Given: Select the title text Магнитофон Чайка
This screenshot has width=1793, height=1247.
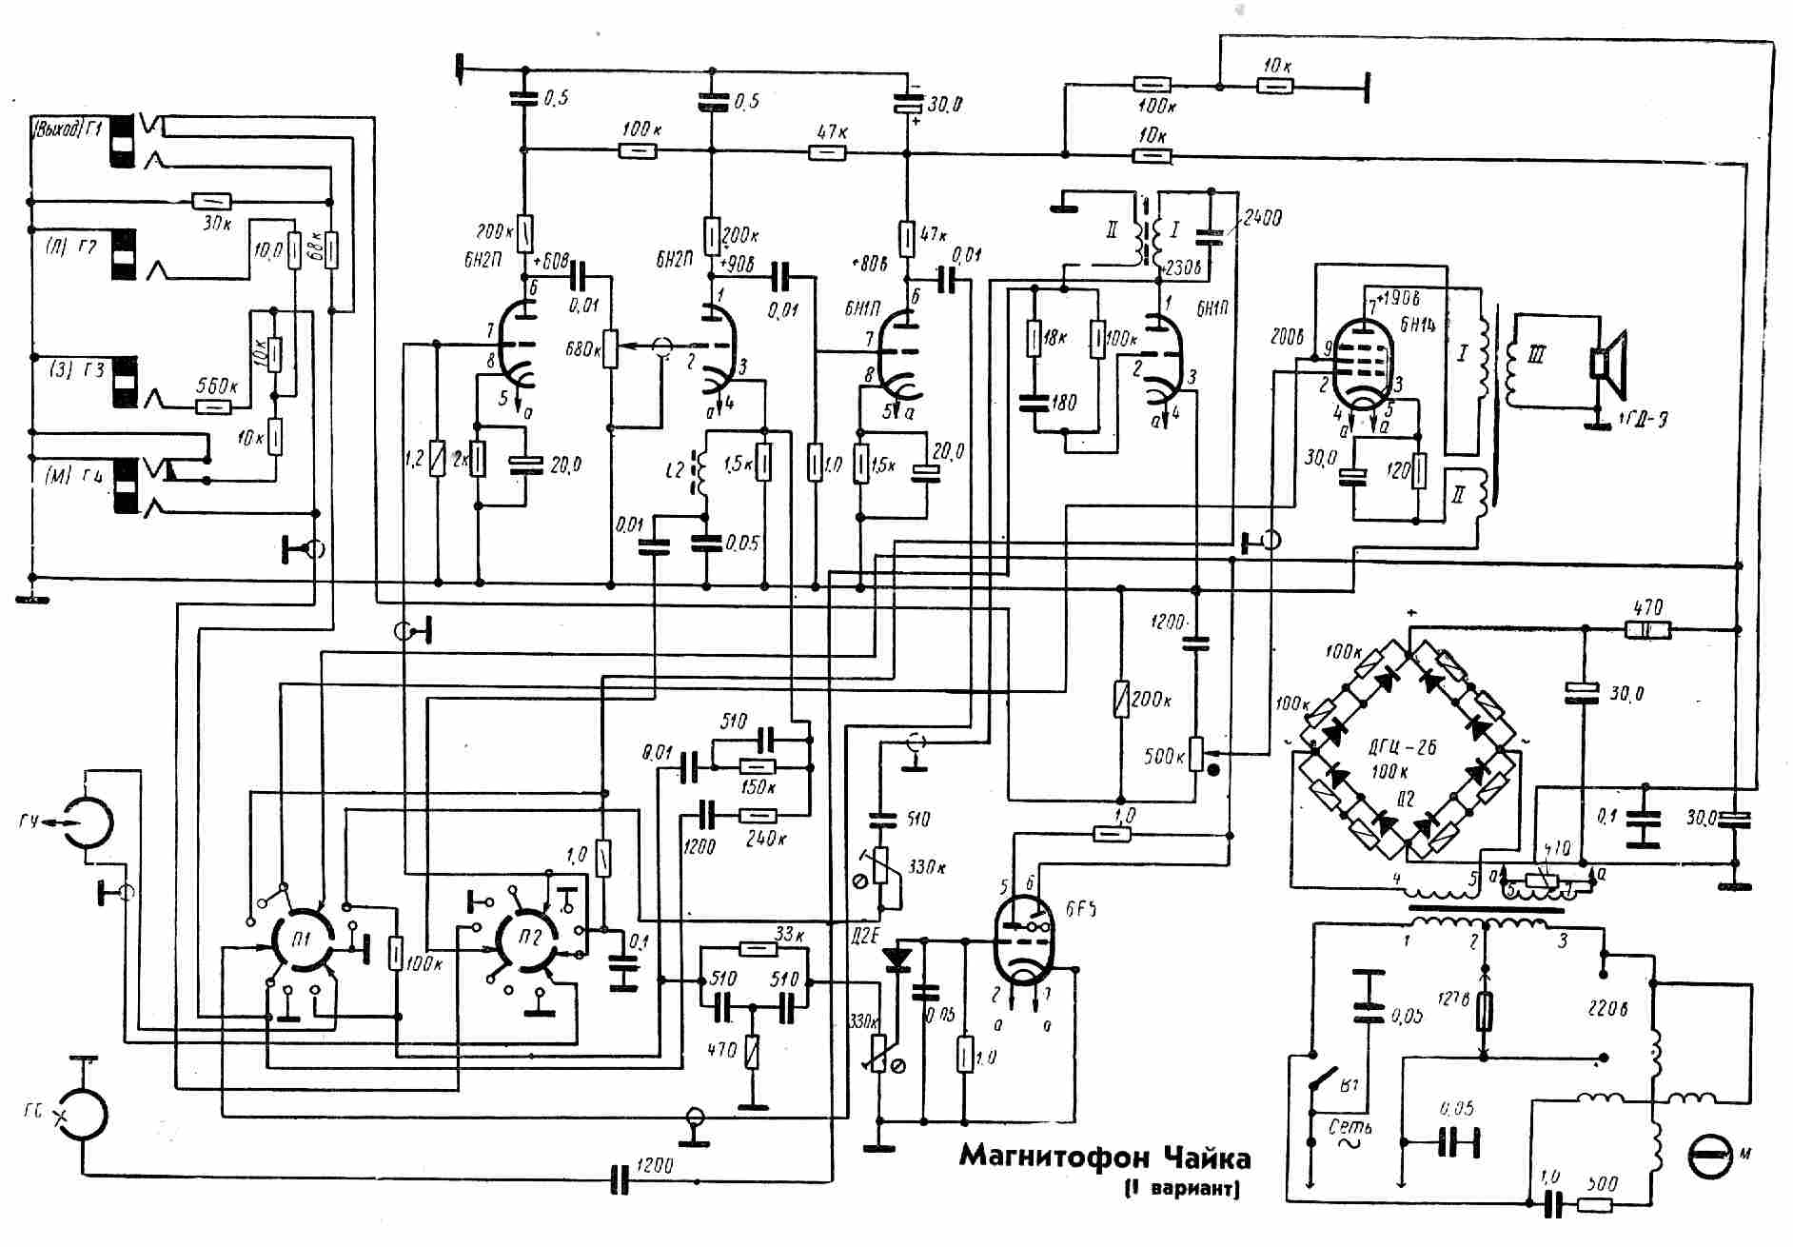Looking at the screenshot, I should coord(1104,1157).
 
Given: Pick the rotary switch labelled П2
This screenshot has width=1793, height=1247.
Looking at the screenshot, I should coord(528,940).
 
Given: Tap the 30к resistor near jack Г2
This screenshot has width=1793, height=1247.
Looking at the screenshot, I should coord(211,202).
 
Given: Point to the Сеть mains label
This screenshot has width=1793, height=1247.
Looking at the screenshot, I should coord(1350,1127).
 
